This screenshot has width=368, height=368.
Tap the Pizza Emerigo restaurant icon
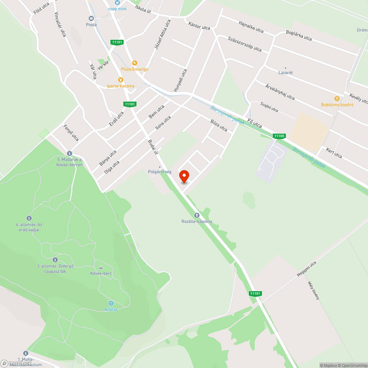point(135,63)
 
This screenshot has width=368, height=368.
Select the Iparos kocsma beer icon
point(120,79)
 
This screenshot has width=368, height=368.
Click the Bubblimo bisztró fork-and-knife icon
point(337,98)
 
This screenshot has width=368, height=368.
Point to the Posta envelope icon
point(91,18)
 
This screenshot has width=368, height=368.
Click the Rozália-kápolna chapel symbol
point(197,215)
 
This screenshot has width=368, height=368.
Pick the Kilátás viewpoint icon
point(111,303)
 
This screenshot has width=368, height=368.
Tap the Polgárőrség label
point(159,172)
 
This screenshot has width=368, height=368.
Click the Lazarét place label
point(286,72)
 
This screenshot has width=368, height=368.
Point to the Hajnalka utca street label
point(251,27)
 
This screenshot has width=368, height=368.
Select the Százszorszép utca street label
point(244,44)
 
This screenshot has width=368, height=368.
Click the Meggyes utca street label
point(307,269)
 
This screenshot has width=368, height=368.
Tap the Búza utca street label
point(219,125)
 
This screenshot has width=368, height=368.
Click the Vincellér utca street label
point(60,25)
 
